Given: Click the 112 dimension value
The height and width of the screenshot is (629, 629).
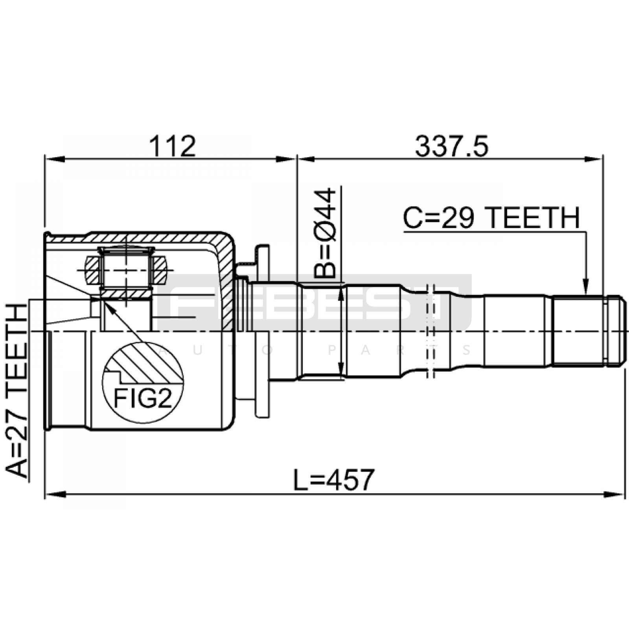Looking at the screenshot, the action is [x=172, y=146].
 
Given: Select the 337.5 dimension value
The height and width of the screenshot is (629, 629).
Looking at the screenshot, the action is [x=452, y=146].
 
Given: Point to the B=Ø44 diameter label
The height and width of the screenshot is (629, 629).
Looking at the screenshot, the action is [x=325, y=234].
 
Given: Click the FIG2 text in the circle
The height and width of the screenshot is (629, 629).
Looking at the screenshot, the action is [x=143, y=398].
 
